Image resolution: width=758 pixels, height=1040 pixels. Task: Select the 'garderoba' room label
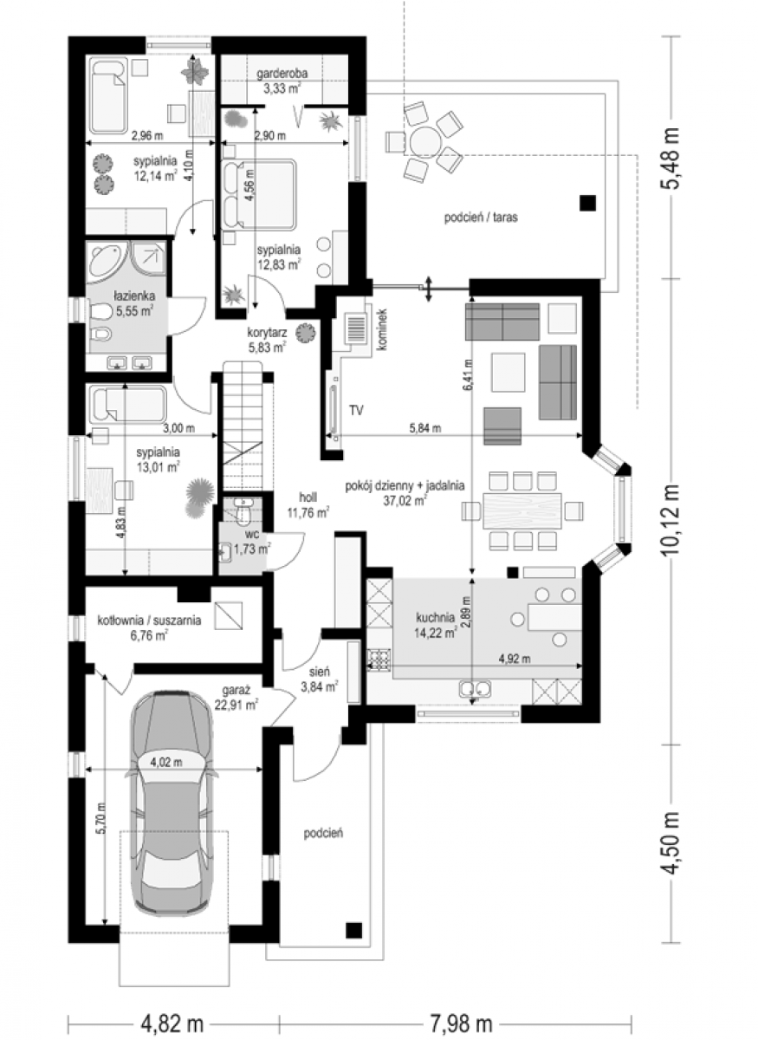[x=282, y=73]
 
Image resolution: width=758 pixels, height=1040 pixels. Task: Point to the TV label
[x=357, y=410]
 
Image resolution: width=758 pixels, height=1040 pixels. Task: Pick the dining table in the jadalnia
[x=522, y=511]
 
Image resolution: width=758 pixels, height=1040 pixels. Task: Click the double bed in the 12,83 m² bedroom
[x=259, y=194]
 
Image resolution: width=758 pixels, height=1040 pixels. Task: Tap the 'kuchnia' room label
[x=435, y=617]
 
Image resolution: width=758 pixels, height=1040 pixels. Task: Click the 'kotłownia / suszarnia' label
[x=149, y=621]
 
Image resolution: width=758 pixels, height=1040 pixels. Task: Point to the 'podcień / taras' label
[x=481, y=218]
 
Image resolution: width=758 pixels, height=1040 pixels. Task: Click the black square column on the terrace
[x=587, y=203]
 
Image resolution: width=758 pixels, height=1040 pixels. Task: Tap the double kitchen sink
[x=476, y=688]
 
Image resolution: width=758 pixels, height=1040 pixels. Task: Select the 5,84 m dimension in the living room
[x=424, y=428]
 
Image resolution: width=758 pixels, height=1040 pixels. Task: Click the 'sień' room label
[x=321, y=672]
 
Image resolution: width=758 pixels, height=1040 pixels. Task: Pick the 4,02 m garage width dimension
[x=166, y=762]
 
